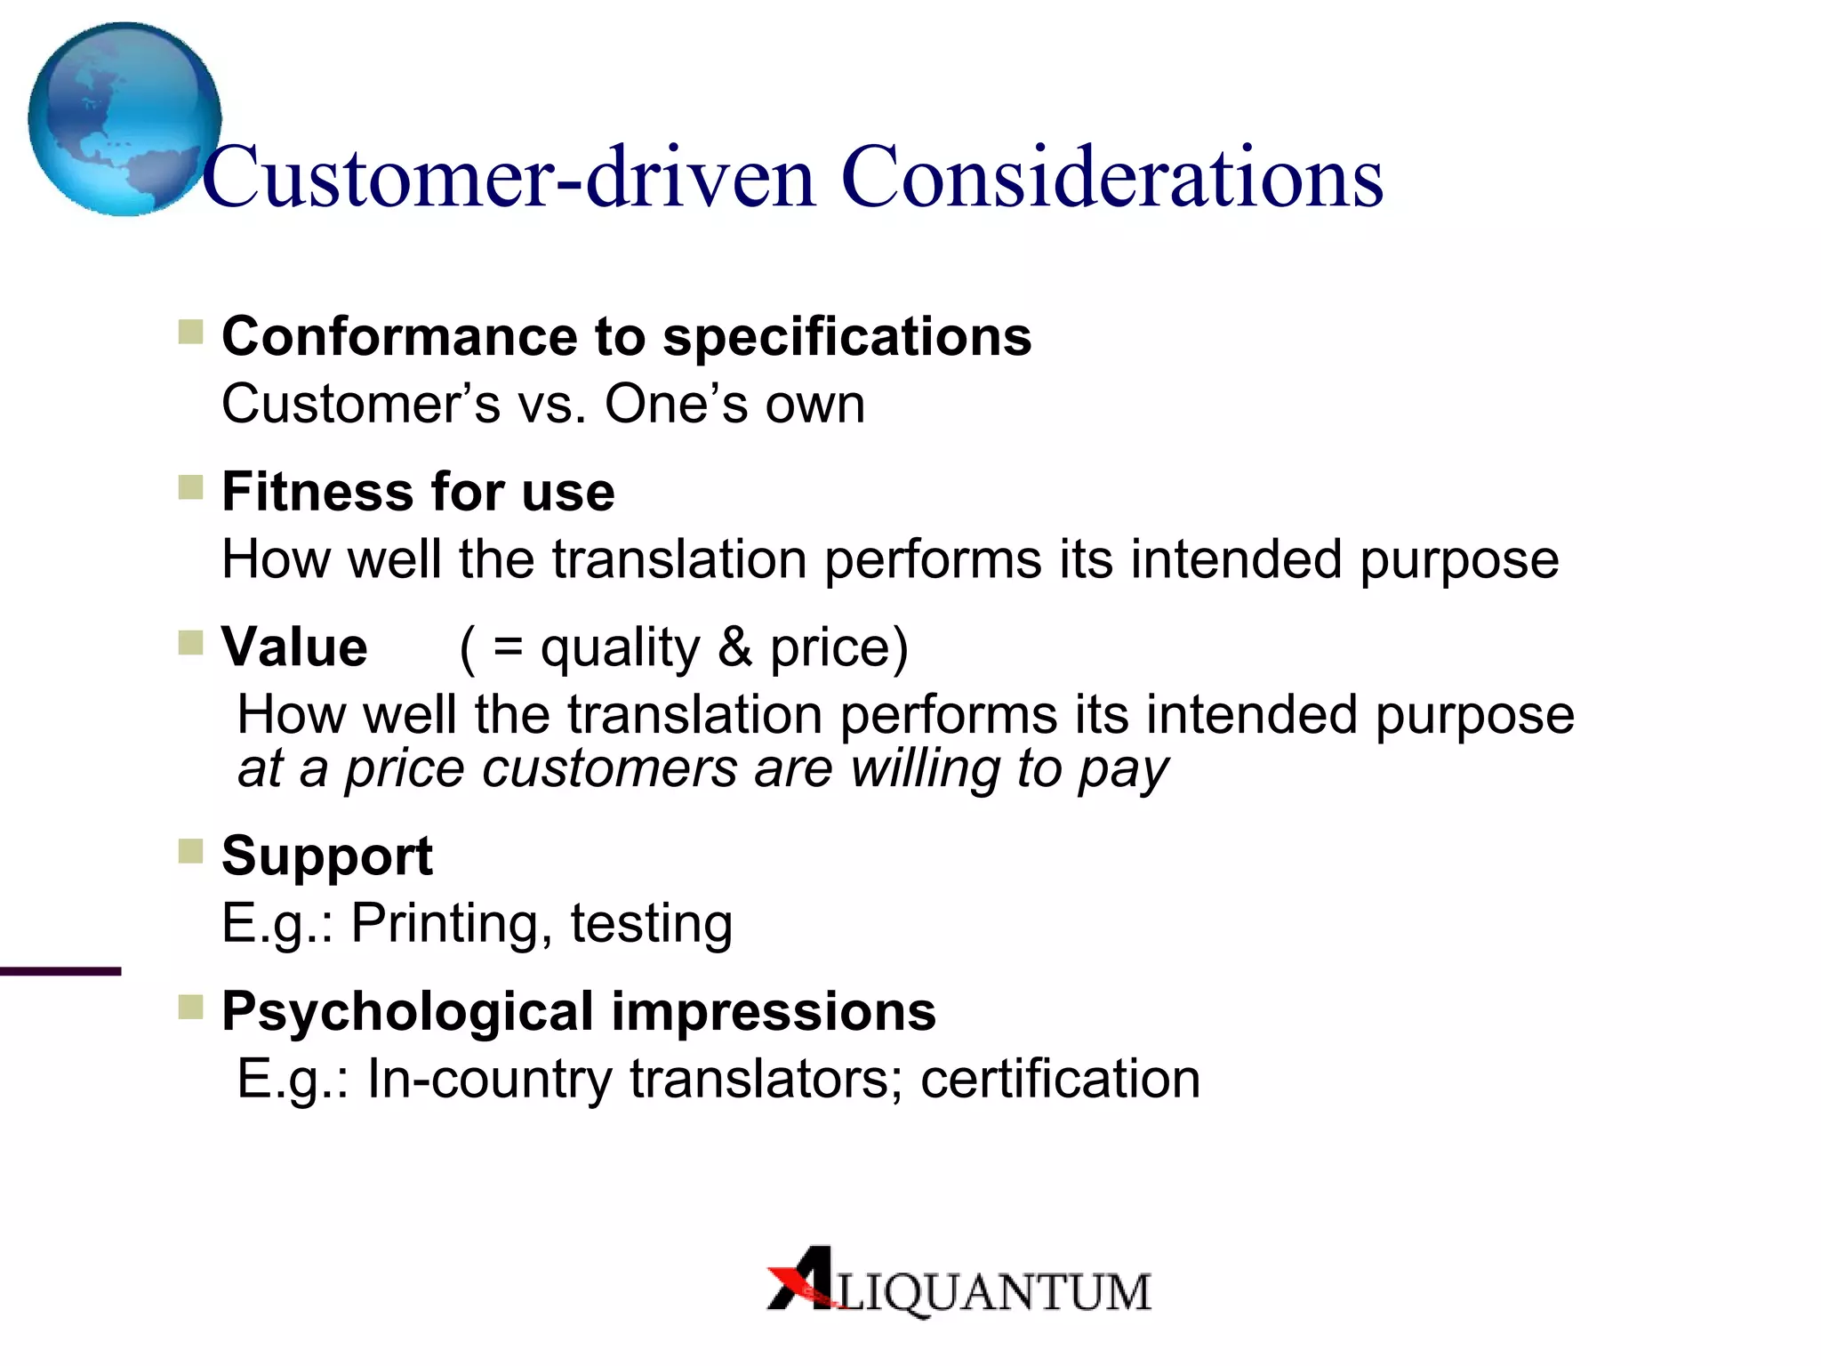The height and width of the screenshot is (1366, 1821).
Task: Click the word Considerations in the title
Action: (1111, 178)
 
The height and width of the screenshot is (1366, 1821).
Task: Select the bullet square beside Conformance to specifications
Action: (190, 333)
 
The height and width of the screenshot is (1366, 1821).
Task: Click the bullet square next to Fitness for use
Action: (190, 487)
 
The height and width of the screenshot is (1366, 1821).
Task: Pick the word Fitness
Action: (320, 492)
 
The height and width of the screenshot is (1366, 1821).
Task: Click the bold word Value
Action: (294, 647)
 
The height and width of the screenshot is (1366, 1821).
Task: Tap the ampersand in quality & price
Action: (734, 647)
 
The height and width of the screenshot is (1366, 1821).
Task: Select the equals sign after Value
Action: (508, 647)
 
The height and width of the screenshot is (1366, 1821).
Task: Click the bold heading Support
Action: (326, 856)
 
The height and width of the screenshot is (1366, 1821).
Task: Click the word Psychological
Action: (407, 1012)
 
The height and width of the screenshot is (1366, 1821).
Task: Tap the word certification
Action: (1060, 1079)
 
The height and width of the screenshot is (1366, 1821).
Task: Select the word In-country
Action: (489, 1079)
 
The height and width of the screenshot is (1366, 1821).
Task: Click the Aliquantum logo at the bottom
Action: (959, 1281)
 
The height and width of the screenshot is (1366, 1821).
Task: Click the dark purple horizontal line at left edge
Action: (60, 971)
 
